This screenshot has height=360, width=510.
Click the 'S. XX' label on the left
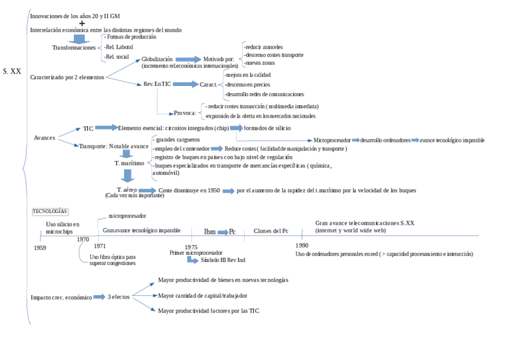pos(11,71)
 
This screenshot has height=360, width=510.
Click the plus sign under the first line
pos(82,23)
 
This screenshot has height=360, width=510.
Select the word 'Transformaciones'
pos(74,47)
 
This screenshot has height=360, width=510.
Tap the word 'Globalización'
pos(157,59)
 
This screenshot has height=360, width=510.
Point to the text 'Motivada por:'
pos(219,59)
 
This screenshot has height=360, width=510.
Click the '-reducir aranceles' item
pos(263,46)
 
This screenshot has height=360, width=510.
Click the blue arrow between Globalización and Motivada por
pos(188,59)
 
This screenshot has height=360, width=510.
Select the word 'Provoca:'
pos(185,112)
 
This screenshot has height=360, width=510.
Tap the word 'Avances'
pos(45,138)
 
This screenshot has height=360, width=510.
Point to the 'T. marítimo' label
pos(129,163)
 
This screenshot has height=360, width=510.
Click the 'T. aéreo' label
pos(127,189)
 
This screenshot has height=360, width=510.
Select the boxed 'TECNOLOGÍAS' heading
pos(50,211)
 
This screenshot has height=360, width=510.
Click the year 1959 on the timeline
pos(40,248)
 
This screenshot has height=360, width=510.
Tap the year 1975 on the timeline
pos(191,247)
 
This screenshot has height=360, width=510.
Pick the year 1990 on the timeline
pos(302,245)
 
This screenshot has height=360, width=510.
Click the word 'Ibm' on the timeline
pos(210,231)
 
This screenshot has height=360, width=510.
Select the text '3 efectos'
pos(118,297)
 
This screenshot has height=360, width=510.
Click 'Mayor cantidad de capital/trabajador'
pos(203,295)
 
